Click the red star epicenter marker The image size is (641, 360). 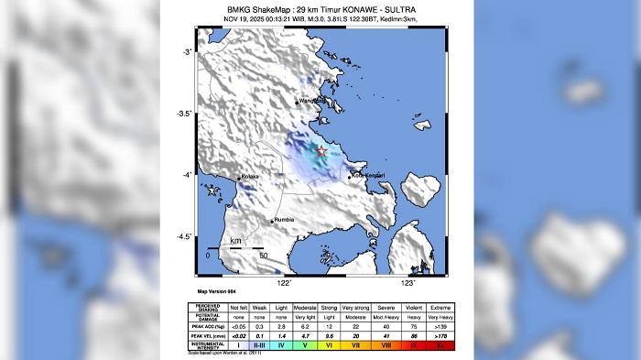(321, 151)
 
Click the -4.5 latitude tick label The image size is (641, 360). (183, 236)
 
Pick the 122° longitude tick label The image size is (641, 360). (284, 284)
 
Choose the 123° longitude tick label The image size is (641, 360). (407, 284)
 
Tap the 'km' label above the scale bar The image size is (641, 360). (235, 241)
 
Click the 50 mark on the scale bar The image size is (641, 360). (264, 256)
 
